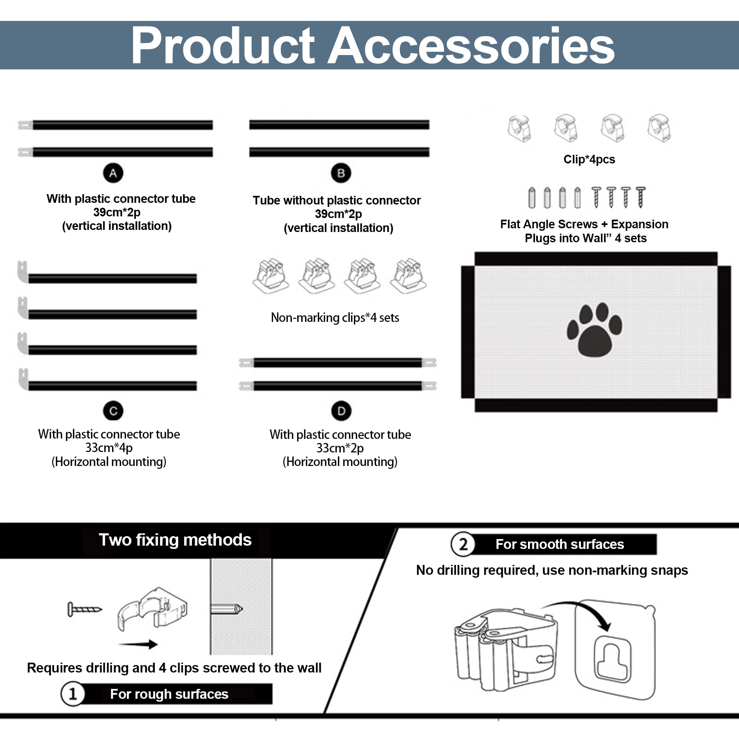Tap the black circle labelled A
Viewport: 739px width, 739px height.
[113, 173]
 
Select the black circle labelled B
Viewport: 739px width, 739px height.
[341, 173]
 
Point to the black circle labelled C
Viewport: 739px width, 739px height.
[113, 411]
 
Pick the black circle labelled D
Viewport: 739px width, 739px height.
[341, 411]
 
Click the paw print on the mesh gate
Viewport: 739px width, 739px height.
[594, 330]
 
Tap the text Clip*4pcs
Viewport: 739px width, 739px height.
[589, 159]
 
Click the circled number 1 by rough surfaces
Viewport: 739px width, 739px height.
[73, 694]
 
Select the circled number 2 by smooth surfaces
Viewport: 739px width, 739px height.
[463, 544]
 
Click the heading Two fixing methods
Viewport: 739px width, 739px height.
[175, 540]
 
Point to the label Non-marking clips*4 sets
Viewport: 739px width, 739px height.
[335, 317]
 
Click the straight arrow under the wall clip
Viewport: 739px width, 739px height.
[138, 644]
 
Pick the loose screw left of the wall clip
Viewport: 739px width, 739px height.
[85, 609]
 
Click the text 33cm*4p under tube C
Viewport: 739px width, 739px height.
[109, 448]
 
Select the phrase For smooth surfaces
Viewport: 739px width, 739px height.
[560, 544]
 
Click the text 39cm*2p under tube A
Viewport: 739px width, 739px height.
[117, 212]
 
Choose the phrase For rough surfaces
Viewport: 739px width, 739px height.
[169, 694]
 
